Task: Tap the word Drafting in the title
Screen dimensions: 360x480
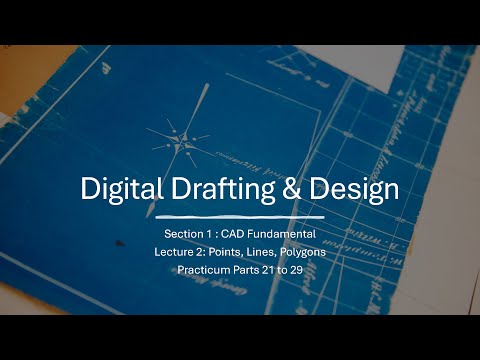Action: pyautogui.click(x=217, y=189)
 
